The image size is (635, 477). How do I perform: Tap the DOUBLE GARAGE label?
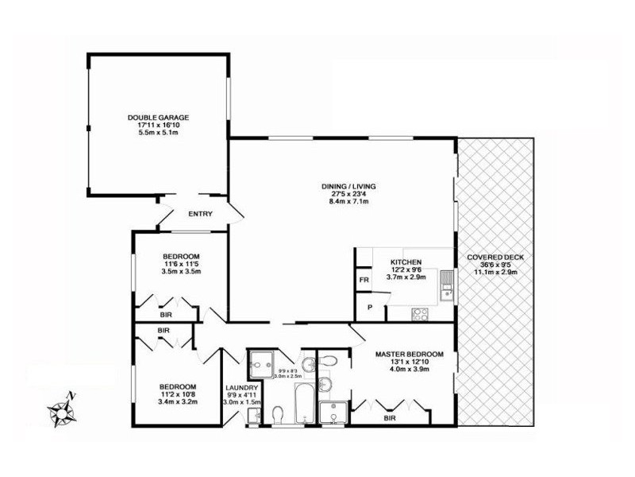[x=159, y=118]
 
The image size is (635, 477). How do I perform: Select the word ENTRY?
[x=199, y=214]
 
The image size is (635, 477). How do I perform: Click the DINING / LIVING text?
[x=342, y=186]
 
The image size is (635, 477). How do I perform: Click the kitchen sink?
[x=447, y=282]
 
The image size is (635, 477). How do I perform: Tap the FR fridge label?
[x=364, y=281]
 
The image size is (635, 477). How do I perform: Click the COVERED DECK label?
[x=495, y=257]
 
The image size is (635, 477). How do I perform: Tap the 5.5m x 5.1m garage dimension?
[x=159, y=133]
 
